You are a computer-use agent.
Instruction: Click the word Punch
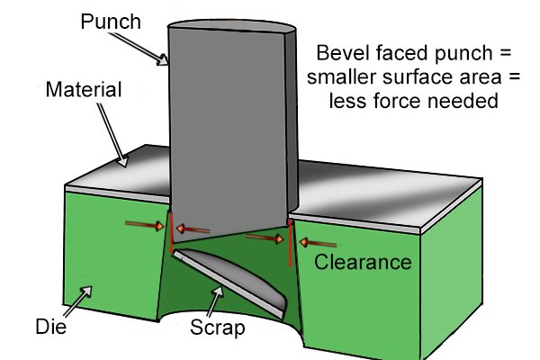(111, 22)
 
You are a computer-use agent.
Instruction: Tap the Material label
(84, 90)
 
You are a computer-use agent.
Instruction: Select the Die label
(51, 326)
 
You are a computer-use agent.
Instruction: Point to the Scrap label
(217, 328)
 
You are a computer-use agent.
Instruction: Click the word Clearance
(363, 262)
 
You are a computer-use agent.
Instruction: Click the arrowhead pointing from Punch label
(163, 60)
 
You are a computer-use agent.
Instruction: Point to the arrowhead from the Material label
(123, 161)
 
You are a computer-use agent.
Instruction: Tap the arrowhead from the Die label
(86, 291)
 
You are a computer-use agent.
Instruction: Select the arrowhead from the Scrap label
(218, 292)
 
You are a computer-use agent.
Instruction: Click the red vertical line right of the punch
(291, 243)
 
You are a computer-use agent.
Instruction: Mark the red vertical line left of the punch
(171, 232)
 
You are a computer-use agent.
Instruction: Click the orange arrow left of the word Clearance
(318, 243)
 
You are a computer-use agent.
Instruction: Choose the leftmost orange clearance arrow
(144, 225)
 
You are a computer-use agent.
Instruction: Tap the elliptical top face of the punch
(232, 26)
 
